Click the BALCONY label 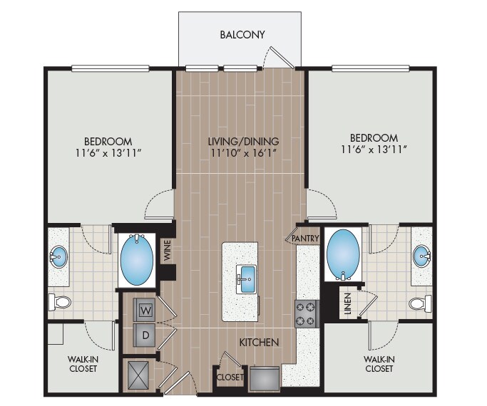tap(242, 34)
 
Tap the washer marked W tap(145, 310)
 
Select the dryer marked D tap(145, 335)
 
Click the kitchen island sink tap(246, 279)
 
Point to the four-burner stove tap(307, 313)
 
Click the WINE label tap(167, 250)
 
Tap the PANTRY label tap(306, 238)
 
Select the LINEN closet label tap(348, 303)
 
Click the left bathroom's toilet tap(60, 302)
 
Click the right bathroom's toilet tap(420, 303)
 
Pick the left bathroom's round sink tap(58, 256)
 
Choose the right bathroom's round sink tap(421, 256)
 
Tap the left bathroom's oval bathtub tap(137, 259)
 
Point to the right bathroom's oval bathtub tap(343, 254)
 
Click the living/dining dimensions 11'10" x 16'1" tap(244, 152)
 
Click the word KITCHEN tap(259, 343)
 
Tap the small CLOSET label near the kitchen tap(230, 378)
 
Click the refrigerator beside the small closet tap(265, 378)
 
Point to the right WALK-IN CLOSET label tap(379, 364)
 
